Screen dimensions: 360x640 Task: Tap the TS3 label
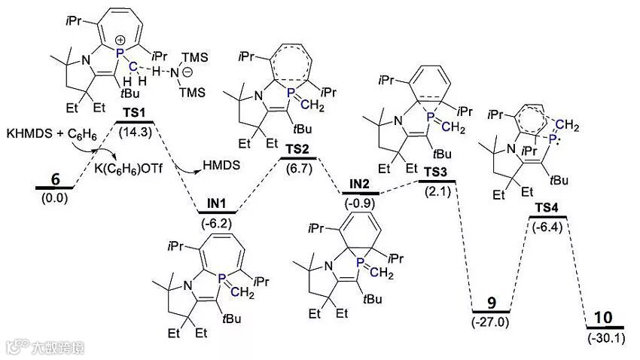(x=434, y=172)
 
